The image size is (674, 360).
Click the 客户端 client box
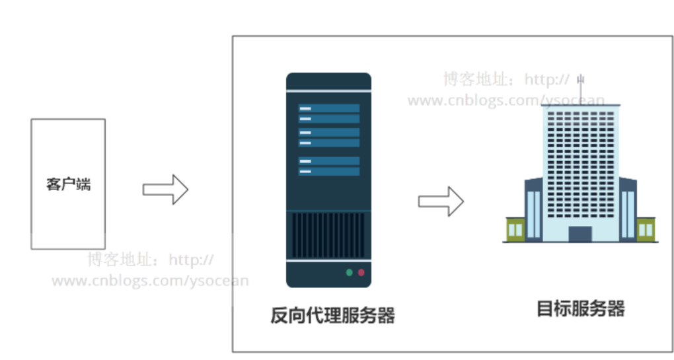pyautogui.click(x=68, y=184)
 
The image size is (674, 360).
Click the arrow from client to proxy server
pyautogui.click(x=165, y=190)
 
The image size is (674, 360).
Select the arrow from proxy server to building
pyautogui.click(x=441, y=201)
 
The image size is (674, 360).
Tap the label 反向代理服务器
pyautogui.click(x=332, y=315)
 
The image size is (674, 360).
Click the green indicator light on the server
pyautogui.click(x=349, y=272)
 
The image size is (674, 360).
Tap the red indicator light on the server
pyautogui.click(x=361, y=272)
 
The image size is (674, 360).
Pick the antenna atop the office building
pyautogui.click(x=580, y=86)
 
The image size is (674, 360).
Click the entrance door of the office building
pyautogui.click(x=580, y=234)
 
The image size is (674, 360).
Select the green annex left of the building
pyautogui.click(x=515, y=229)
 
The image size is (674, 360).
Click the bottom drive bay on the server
pyautogui.click(x=328, y=172)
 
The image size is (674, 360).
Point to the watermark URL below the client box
pyautogui.click(x=150, y=280)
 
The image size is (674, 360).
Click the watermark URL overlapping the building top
pyautogui.click(x=505, y=100)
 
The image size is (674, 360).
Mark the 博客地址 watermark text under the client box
pyautogui.click(x=122, y=260)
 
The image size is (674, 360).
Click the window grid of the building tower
pyautogui.click(x=580, y=165)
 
